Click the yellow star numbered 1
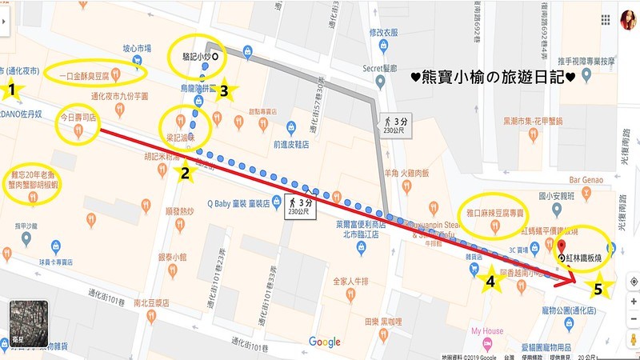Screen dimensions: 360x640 coord(13,90)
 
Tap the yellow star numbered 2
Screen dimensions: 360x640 coord(185,171)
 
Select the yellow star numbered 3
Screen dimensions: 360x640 coord(225,91)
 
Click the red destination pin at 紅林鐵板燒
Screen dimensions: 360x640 coord(562,247)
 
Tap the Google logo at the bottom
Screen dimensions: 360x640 coord(324,342)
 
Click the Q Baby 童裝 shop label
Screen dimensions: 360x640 coord(238,202)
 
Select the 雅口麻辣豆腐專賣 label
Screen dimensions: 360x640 coord(496,214)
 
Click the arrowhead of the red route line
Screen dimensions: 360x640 coord(571,282)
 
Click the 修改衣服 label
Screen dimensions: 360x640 coord(382,33)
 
